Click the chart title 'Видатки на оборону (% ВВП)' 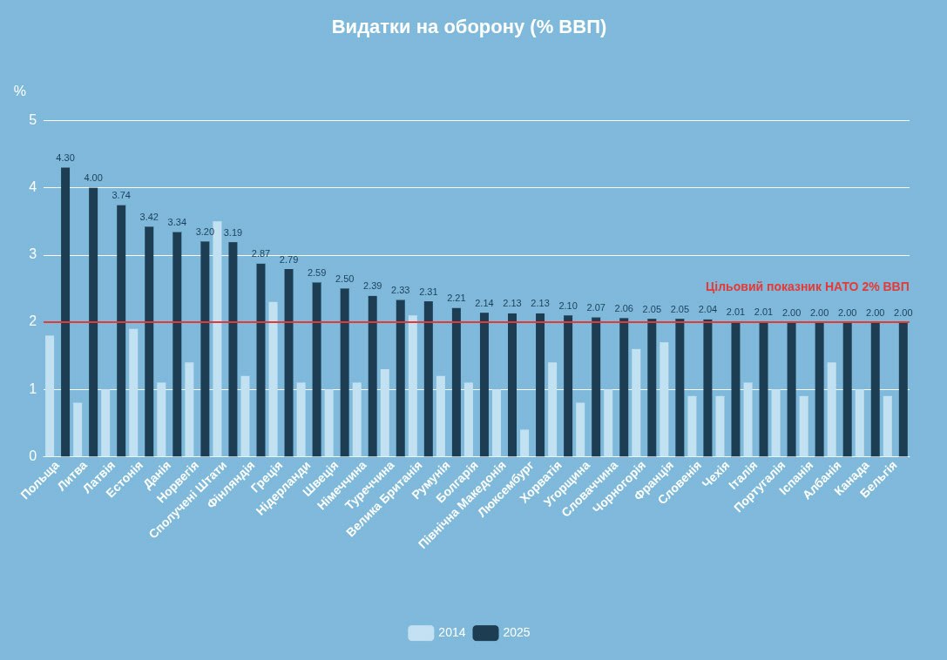[469, 27]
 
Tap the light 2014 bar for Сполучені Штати [217, 339]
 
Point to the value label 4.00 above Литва [93, 178]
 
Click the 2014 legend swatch [421, 633]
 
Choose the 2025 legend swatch [485, 633]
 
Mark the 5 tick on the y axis [32, 120]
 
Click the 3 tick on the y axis [32, 254]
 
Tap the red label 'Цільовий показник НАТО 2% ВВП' [807, 286]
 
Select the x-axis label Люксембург [507, 489]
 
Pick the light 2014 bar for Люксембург [524, 442]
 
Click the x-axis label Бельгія [879, 479]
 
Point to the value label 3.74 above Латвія [121, 195]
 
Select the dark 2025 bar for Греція [288, 362]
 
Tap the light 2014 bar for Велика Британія [412, 386]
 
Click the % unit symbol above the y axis [20, 91]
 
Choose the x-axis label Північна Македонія [463, 504]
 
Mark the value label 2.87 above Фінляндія [260, 253]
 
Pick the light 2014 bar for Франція [664, 399]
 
